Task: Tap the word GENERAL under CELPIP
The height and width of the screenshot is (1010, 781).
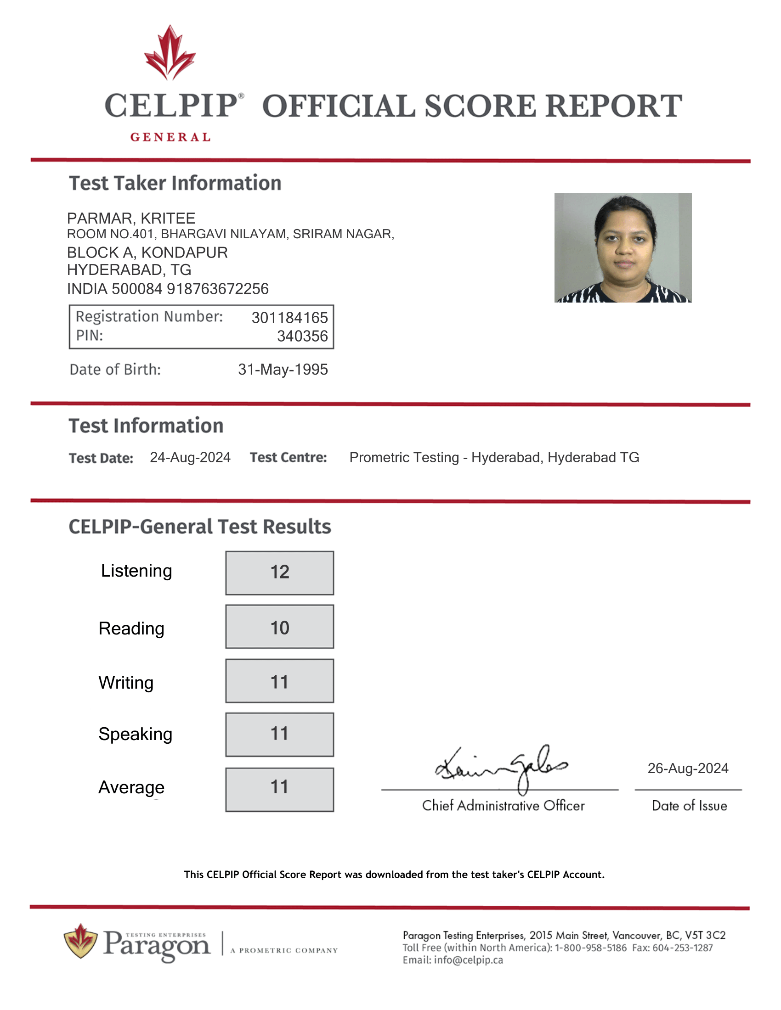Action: (x=170, y=137)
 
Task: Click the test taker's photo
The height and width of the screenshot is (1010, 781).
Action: (x=623, y=247)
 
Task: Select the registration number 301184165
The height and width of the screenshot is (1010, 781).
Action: (x=289, y=318)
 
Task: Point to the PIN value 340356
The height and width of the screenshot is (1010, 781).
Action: (x=302, y=336)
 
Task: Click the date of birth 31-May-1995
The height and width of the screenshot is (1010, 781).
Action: (x=283, y=370)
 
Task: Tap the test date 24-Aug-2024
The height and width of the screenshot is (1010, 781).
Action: (x=190, y=457)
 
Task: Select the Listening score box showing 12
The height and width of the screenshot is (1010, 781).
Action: (x=279, y=572)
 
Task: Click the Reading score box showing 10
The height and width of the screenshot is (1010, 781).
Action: (x=279, y=627)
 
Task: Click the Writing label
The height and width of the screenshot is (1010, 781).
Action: (x=126, y=683)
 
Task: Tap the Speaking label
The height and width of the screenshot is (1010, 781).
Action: (x=135, y=735)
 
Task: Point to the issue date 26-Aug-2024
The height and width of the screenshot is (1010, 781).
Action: (x=688, y=768)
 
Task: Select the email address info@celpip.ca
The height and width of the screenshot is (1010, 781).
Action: (x=468, y=960)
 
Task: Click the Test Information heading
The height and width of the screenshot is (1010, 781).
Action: (x=146, y=426)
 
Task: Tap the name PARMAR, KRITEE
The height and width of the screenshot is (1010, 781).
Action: (x=131, y=218)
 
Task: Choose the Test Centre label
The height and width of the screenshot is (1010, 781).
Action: (x=288, y=457)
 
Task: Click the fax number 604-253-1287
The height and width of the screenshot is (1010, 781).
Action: (x=682, y=948)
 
